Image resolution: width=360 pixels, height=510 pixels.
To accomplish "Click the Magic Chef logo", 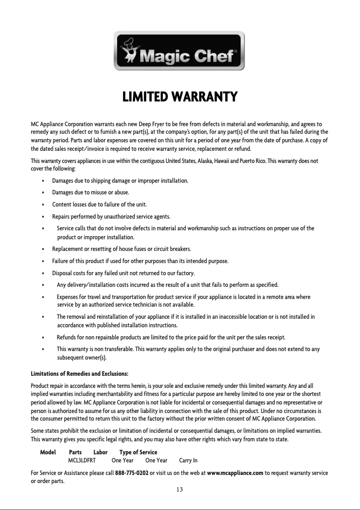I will point(179,50).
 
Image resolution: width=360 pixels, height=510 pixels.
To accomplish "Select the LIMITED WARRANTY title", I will point(180,97).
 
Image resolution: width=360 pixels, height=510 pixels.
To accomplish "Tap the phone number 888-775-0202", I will point(132,473).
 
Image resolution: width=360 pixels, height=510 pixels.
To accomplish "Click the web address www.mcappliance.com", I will point(235,473).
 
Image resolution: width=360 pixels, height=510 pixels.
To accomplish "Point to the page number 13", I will point(180,489).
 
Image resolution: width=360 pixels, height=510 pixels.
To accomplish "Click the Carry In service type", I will point(188,461).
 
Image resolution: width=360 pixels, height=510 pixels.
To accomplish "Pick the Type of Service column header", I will point(138,452).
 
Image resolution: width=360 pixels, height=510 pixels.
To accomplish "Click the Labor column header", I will point(100,452).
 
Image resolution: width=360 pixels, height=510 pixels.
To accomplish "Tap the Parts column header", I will point(75,452).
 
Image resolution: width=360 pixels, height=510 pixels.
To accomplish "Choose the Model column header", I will point(48,452).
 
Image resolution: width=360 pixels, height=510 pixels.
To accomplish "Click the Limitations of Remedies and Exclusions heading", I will point(79,374).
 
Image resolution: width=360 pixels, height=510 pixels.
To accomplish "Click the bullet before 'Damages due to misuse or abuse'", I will point(42,193).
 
